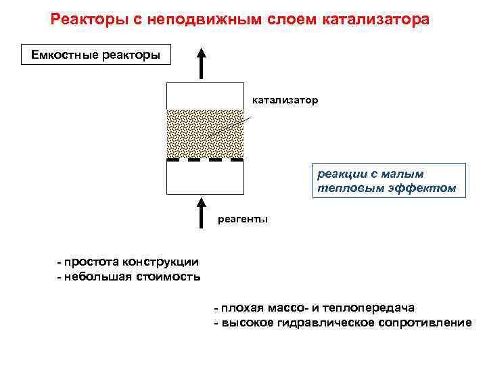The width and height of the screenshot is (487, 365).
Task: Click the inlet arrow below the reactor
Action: coord(202,212)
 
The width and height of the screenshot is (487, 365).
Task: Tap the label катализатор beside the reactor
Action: coord(285,100)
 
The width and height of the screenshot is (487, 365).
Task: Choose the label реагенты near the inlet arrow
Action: coord(243,218)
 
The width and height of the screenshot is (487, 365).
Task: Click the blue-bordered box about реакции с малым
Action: coord(389,180)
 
